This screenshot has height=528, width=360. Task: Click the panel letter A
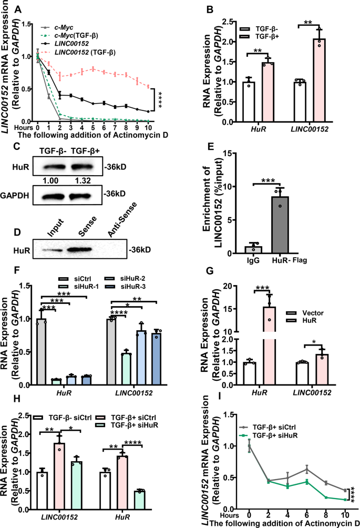tap(18, 8)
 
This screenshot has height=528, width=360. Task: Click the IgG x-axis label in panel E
tap(253, 260)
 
